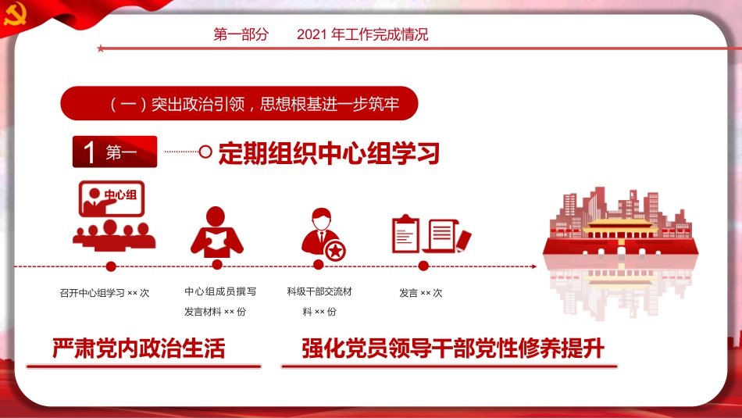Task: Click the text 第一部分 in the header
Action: [241, 35]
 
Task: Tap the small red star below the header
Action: [100, 48]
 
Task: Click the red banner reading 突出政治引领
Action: [239, 104]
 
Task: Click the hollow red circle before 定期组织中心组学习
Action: [205, 152]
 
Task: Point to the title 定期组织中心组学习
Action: [329, 153]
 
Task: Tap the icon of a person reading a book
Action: [216, 232]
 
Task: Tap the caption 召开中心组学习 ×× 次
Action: [104, 294]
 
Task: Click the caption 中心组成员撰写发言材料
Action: [220, 302]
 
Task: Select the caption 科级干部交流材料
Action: [319, 302]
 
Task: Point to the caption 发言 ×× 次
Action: [420, 294]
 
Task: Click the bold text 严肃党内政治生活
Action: [139, 348]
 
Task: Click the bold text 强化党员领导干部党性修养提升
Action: [453, 348]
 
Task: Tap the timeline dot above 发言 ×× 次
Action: [423, 266]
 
